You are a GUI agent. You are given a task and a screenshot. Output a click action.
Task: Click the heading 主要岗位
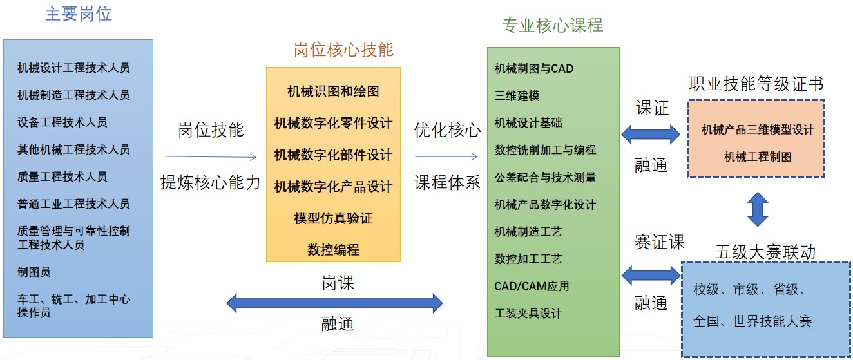coord(78,15)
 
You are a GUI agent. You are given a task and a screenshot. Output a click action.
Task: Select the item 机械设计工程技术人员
coord(73,68)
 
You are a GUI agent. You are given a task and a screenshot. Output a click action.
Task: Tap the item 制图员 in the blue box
coord(34,272)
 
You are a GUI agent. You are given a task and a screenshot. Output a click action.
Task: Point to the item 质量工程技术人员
coord(62,176)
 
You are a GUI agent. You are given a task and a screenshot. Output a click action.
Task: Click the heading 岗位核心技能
coord(343,50)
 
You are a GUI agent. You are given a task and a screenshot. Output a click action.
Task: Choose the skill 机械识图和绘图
coord(333,91)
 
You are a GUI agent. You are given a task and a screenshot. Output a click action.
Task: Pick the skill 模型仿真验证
coord(333,218)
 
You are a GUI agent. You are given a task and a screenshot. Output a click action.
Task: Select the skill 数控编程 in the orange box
coord(333,250)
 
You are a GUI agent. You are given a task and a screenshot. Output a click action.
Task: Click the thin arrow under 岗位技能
coord(211,156)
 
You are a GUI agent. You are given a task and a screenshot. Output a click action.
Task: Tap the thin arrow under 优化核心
coord(446,156)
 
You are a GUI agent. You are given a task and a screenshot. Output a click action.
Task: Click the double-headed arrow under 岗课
coord(334,303)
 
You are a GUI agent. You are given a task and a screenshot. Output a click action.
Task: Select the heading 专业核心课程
coord(553,25)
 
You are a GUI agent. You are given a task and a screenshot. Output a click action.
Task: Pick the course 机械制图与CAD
coord(533,68)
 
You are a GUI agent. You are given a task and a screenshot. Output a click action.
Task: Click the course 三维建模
coord(517,95)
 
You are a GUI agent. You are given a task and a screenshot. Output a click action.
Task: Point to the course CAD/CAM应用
coord(532,285)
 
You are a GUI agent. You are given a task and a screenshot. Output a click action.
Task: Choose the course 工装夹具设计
coord(528,314)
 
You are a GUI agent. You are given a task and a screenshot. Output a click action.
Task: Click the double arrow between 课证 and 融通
coord(651,134)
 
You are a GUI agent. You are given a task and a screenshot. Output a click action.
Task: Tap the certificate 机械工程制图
coord(758,156)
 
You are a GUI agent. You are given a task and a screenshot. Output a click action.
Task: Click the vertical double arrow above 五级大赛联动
coord(758,209)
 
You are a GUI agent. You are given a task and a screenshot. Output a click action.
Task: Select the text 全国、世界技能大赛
coord(752,321)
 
